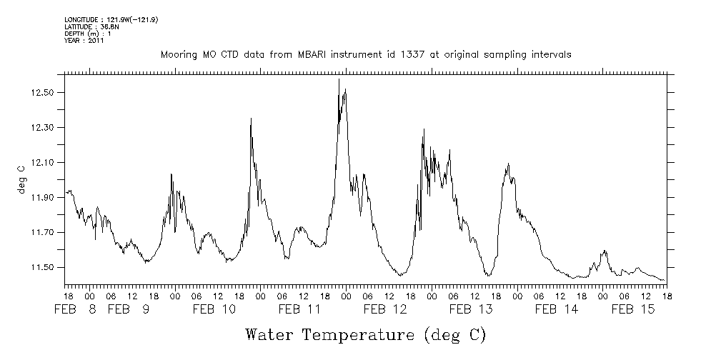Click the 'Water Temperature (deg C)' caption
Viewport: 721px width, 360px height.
(x=365, y=334)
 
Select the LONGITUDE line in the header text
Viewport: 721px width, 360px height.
(x=111, y=19)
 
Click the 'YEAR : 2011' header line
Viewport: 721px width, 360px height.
(x=85, y=41)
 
